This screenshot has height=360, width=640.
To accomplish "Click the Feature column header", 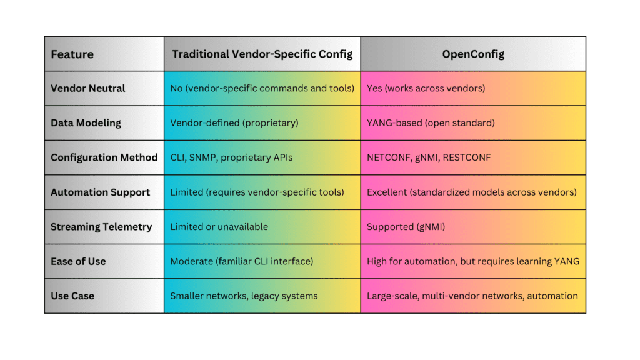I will (72, 54).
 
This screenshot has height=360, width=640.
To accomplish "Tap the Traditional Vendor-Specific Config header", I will (262, 54).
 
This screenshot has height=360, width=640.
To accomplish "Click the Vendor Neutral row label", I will (87, 88).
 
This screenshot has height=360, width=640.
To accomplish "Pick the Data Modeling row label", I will (86, 123).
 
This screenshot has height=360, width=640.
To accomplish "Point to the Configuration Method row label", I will (104, 157).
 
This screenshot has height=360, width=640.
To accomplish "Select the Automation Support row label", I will (100, 192).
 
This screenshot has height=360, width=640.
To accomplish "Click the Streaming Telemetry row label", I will (101, 227).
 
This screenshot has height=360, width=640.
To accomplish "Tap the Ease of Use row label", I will (78, 261).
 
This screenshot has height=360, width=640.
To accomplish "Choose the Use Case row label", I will (72, 296).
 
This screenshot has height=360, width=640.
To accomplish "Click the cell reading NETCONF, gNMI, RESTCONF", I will (429, 157).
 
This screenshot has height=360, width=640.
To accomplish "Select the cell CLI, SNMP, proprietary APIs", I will (231, 157).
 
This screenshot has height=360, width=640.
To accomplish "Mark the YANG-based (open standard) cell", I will (431, 123).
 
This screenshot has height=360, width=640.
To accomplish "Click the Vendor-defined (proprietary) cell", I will (234, 123).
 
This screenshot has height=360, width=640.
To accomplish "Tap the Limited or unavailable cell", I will (219, 227).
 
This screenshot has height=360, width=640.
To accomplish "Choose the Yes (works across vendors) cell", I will (426, 88).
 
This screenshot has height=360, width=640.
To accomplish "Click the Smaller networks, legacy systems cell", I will (244, 296).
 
